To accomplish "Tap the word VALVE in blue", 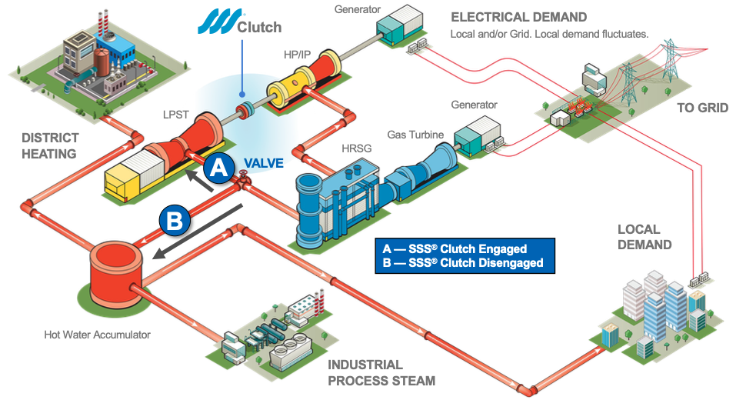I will (x=264, y=163).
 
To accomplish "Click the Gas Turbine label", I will (x=415, y=135).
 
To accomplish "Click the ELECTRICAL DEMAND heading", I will (x=518, y=17).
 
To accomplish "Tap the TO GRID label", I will (x=702, y=108).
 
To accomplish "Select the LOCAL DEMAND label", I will (x=644, y=237).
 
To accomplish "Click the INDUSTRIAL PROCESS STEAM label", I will (x=381, y=372).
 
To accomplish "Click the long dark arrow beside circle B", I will (x=198, y=232).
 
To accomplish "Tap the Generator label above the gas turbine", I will (x=475, y=105).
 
